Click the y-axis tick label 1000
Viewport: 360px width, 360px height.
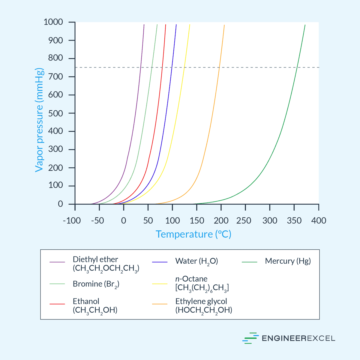tap(53, 22)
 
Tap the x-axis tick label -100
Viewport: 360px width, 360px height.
tap(72, 221)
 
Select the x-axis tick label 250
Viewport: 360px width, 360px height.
tap(244, 221)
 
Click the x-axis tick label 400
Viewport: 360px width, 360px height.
tap(319, 221)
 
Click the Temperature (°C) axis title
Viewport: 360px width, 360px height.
tap(193, 234)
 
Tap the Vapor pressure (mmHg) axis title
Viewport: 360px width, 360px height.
tap(39, 120)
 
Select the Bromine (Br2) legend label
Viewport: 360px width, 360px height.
tap(96, 284)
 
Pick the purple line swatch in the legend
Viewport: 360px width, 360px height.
tap(57, 262)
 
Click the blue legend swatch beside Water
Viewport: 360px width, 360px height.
tap(160, 262)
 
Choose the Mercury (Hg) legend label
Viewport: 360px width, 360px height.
tap(288, 261)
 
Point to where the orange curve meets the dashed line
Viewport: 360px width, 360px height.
tap(219, 67)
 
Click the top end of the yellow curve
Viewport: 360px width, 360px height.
tap(190, 25)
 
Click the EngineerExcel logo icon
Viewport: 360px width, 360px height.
tap(250, 338)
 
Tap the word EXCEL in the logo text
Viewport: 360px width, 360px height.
tap(321, 338)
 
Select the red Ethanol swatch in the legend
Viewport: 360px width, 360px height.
tap(57, 304)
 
